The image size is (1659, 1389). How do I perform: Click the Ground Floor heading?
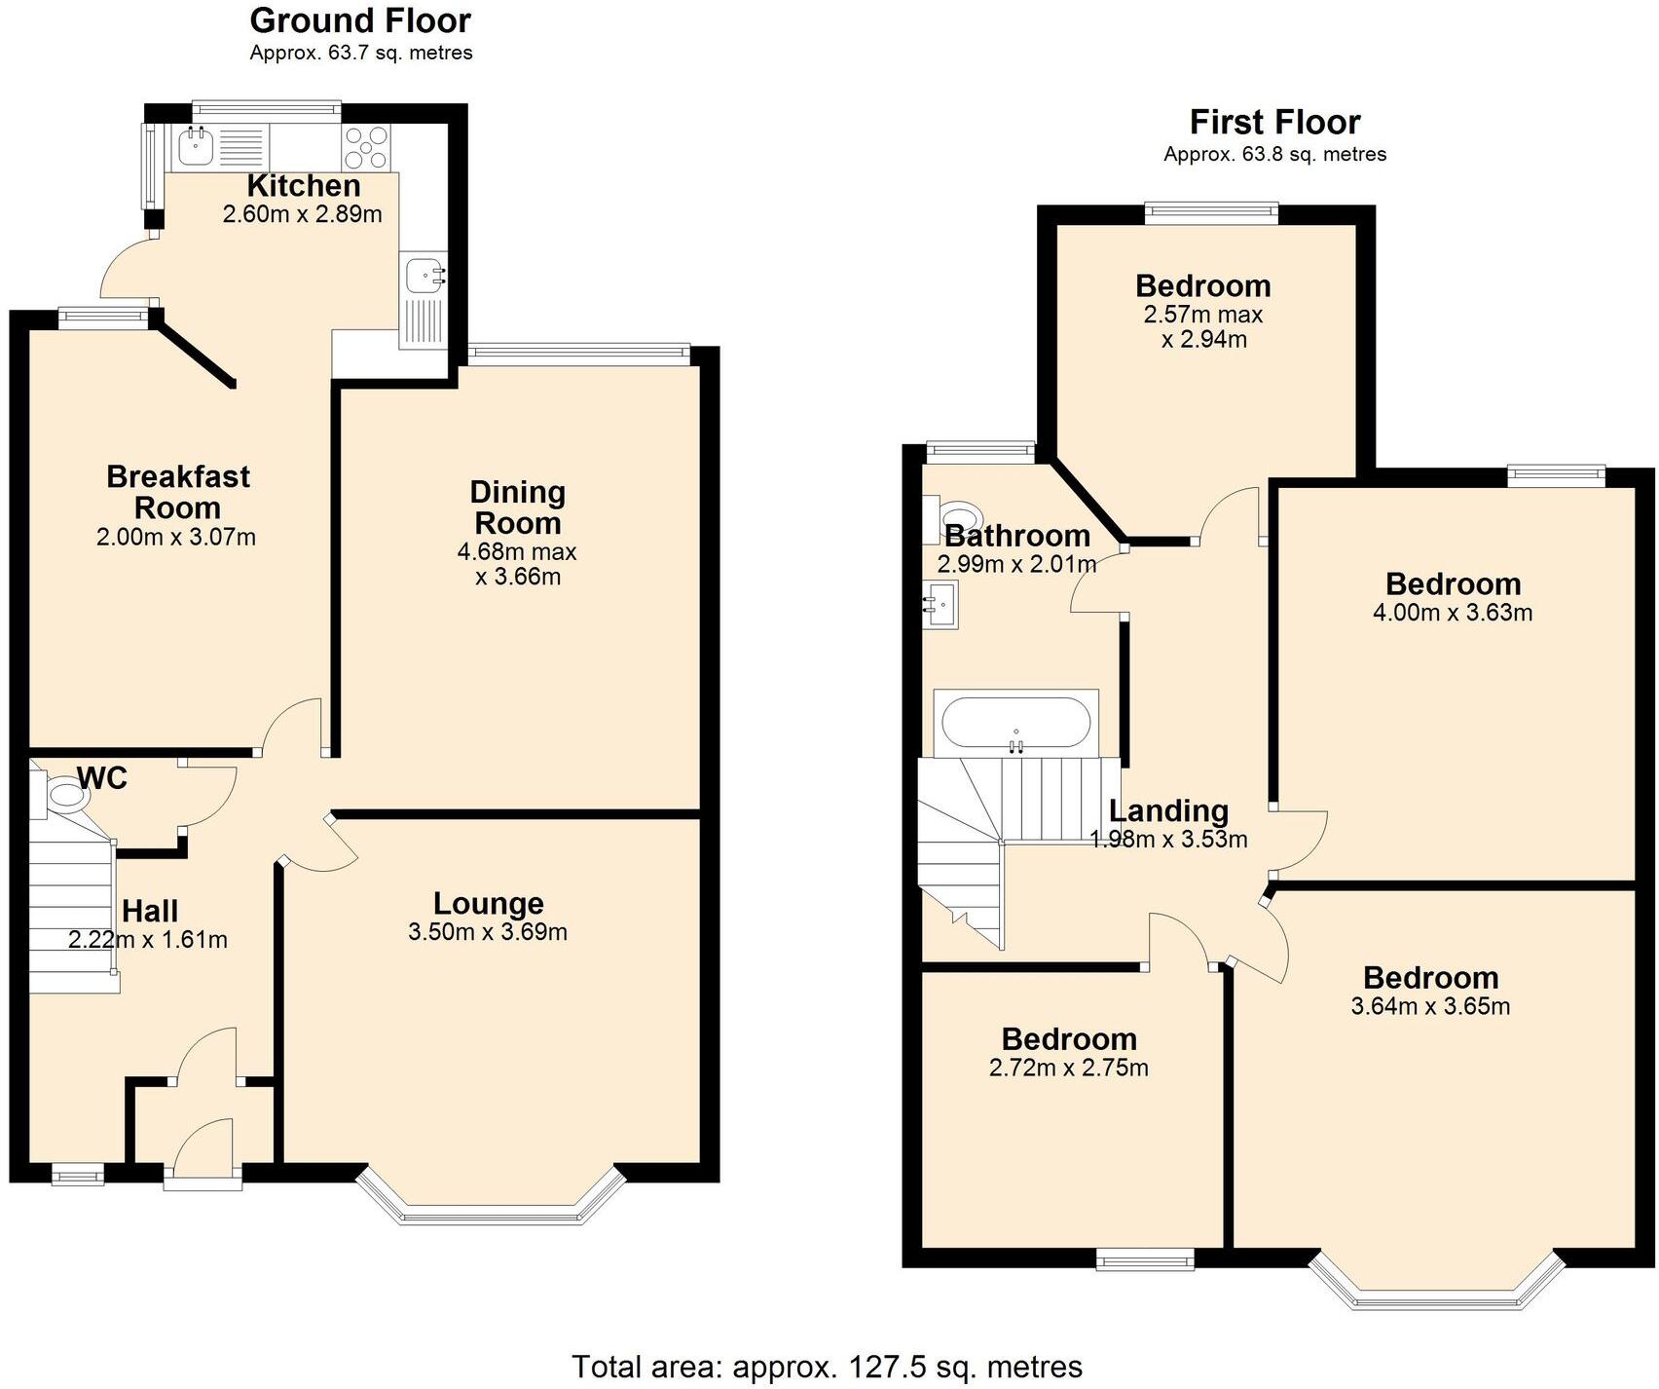360,20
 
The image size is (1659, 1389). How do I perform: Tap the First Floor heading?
1273,123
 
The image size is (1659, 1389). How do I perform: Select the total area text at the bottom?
827,1367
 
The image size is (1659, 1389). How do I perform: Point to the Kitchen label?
303,185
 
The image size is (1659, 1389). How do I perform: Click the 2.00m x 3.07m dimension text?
176,537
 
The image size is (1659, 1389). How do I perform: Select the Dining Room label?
517,507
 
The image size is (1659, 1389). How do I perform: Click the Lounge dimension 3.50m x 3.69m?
488,932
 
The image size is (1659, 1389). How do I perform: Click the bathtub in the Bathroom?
1014,722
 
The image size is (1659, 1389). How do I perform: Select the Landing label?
1168,810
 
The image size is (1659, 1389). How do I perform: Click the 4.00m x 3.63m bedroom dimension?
1453,613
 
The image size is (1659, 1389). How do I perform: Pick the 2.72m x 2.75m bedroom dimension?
1068,1068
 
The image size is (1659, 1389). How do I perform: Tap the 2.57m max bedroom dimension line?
1202,315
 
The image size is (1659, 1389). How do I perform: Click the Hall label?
150,911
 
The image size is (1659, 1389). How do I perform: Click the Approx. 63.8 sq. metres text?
1273,154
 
